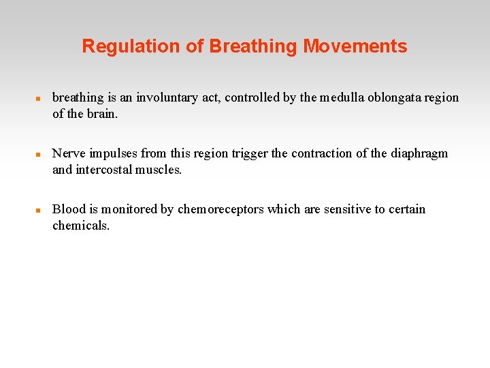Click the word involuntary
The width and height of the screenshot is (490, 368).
click(x=167, y=97)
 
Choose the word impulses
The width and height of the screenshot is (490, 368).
click(x=114, y=153)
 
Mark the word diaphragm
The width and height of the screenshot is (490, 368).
click(x=419, y=153)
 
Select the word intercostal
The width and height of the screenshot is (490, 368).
click(x=105, y=170)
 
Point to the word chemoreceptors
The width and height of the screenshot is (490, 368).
click(x=220, y=209)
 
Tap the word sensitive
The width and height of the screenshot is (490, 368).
click(x=346, y=209)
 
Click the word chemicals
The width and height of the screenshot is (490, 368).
click(x=80, y=226)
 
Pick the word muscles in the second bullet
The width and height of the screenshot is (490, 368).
click(x=160, y=170)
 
